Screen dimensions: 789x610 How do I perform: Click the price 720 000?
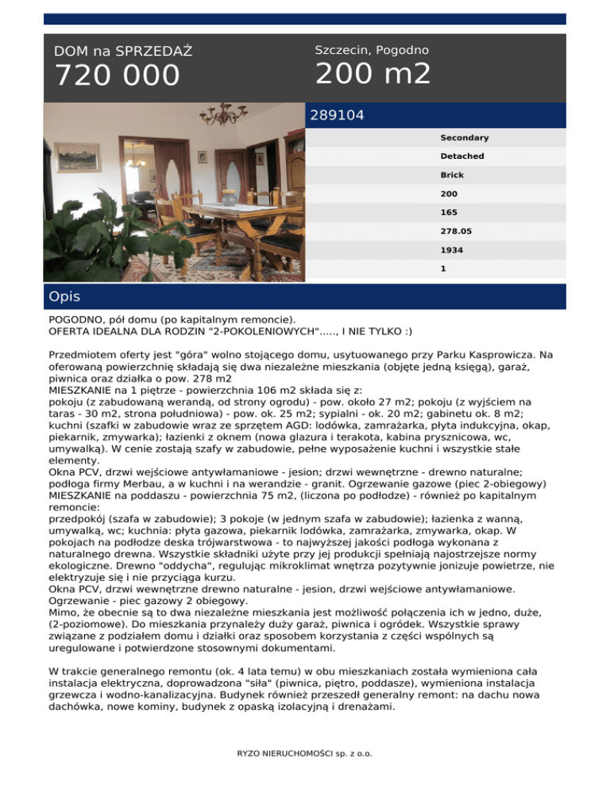click(x=117, y=76)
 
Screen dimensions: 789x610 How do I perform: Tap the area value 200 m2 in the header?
click(x=373, y=75)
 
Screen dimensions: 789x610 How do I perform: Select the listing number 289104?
click(x=337, y=116)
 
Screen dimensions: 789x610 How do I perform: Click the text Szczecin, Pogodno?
click(x=372, y=50)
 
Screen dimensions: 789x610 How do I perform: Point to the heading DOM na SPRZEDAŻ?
click(x=123, y=52)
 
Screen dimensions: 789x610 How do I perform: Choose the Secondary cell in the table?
click(x=465, y=138)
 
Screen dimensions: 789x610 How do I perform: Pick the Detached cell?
click(x=462, y=156)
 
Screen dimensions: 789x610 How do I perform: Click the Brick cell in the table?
click(x=453, y=175)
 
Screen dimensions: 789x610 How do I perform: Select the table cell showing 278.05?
click(x=455, y=231)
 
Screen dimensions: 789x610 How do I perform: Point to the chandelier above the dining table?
click(x=227, y=116)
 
